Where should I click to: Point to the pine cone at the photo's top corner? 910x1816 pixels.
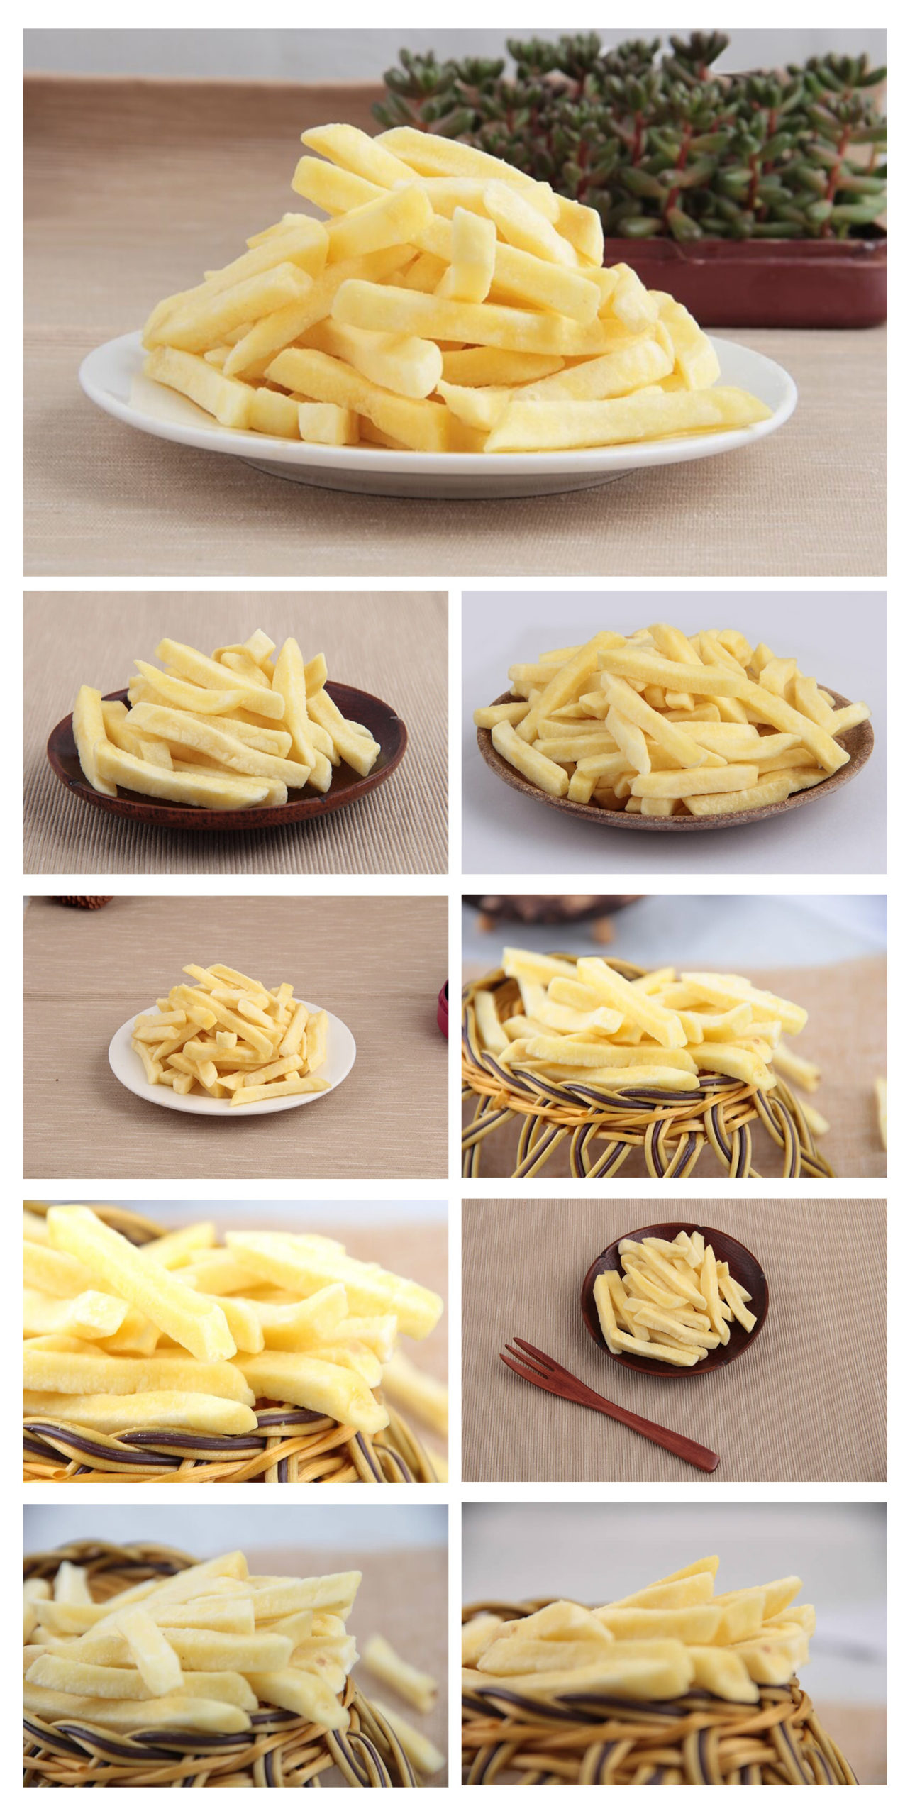coord(82,902)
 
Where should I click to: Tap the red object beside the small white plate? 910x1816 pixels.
coord(444,1007)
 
